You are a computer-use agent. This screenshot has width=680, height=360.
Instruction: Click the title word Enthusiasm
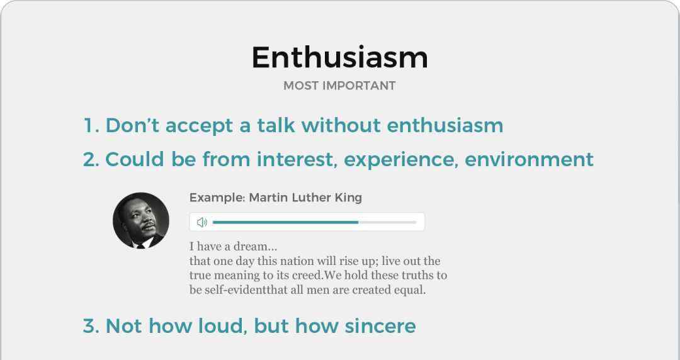[x=340, y=57]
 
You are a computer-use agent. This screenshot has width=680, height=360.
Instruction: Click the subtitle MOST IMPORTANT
[x=339, y=86]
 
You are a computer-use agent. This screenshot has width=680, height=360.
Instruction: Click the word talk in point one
[x=276, y=125]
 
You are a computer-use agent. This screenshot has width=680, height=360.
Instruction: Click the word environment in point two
[x=529, y=160]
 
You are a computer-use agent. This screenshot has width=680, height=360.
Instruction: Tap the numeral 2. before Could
[x=91, y=160]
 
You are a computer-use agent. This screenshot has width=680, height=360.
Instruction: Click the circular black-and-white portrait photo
[x=141, y=220]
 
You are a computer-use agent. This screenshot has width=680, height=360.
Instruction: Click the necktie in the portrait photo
[x=140, y=246]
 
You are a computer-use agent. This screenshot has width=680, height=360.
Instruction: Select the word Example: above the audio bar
[x=217, y=198]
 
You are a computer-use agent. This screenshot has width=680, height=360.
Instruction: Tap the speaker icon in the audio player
[x=202, y=223]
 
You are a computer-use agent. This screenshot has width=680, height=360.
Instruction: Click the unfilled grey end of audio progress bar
[x=388, y=222]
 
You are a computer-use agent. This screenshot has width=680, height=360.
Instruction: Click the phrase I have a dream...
[x=233, y=247]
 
